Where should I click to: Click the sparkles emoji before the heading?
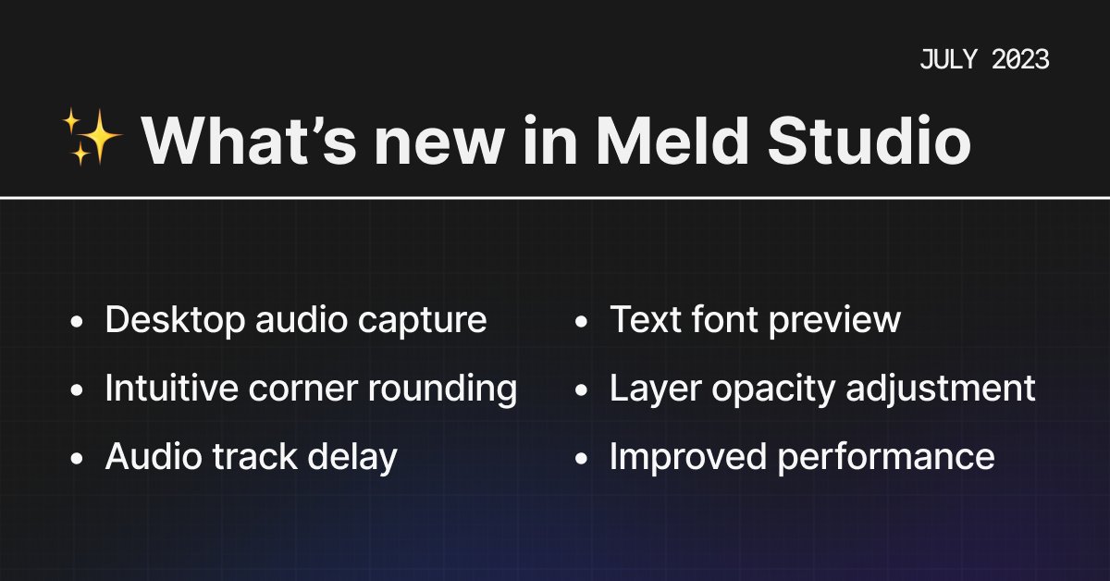tap(92, 136)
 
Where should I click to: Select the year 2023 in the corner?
tap(1020, 60)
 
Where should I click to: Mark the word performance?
tap(894, 457)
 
